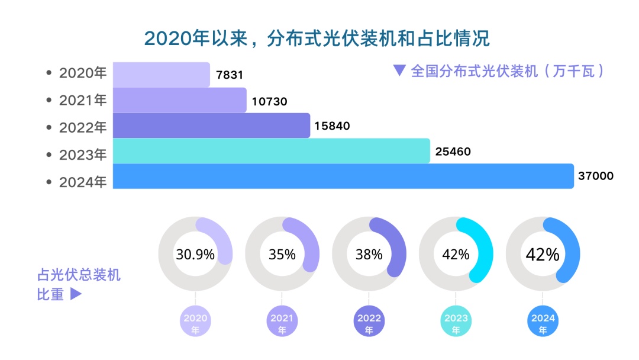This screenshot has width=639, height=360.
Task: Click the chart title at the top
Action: (x=317, y=38)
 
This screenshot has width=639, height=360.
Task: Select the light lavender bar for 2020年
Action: (x=161, y=75)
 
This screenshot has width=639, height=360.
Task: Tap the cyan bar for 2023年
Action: (x=271, y=151)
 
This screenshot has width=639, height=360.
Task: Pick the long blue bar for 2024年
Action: (x=343, y=176)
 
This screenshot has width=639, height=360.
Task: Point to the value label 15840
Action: (x=333, y=126)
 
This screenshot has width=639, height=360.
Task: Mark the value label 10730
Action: (x=269, y=101)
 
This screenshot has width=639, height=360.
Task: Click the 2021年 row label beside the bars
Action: (x=82, y=100)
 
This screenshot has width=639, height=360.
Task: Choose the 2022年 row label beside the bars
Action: (x=82, y=126)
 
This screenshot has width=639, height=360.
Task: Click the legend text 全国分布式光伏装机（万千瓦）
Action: (x=507, y=72)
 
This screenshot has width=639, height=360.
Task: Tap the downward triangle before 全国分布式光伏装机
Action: (x=399, y=70)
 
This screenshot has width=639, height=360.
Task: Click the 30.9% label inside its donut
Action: (x=195, y=255)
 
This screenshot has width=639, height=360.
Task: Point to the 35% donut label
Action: (x=282, y=255)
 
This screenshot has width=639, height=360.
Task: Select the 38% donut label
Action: (x=369, y=255)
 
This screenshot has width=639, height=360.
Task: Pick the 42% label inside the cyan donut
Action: (x=456, y=255)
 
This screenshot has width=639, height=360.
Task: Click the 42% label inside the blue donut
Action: (x=543, y=255)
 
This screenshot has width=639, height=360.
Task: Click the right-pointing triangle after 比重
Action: (x=76, y=294)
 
